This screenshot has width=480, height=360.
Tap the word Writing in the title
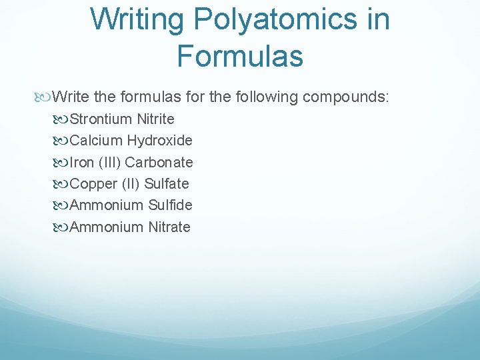pos(137,19)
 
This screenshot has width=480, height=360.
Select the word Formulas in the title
pos(240,56)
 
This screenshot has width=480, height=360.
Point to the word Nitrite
pos(155,119)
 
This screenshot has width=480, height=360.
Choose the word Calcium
pos(96,141)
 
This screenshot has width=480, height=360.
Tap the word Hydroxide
pos(159,141)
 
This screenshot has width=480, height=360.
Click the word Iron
pos(81,162)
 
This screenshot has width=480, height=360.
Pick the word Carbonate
pos(159,162)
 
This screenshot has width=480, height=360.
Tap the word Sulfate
pos(167,183)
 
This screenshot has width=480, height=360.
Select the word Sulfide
pos(170,205)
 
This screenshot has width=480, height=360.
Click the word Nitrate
pos(169,227)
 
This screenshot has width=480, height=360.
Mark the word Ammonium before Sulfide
pos(107,205)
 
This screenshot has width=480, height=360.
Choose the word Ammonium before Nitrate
pos(107,227)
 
